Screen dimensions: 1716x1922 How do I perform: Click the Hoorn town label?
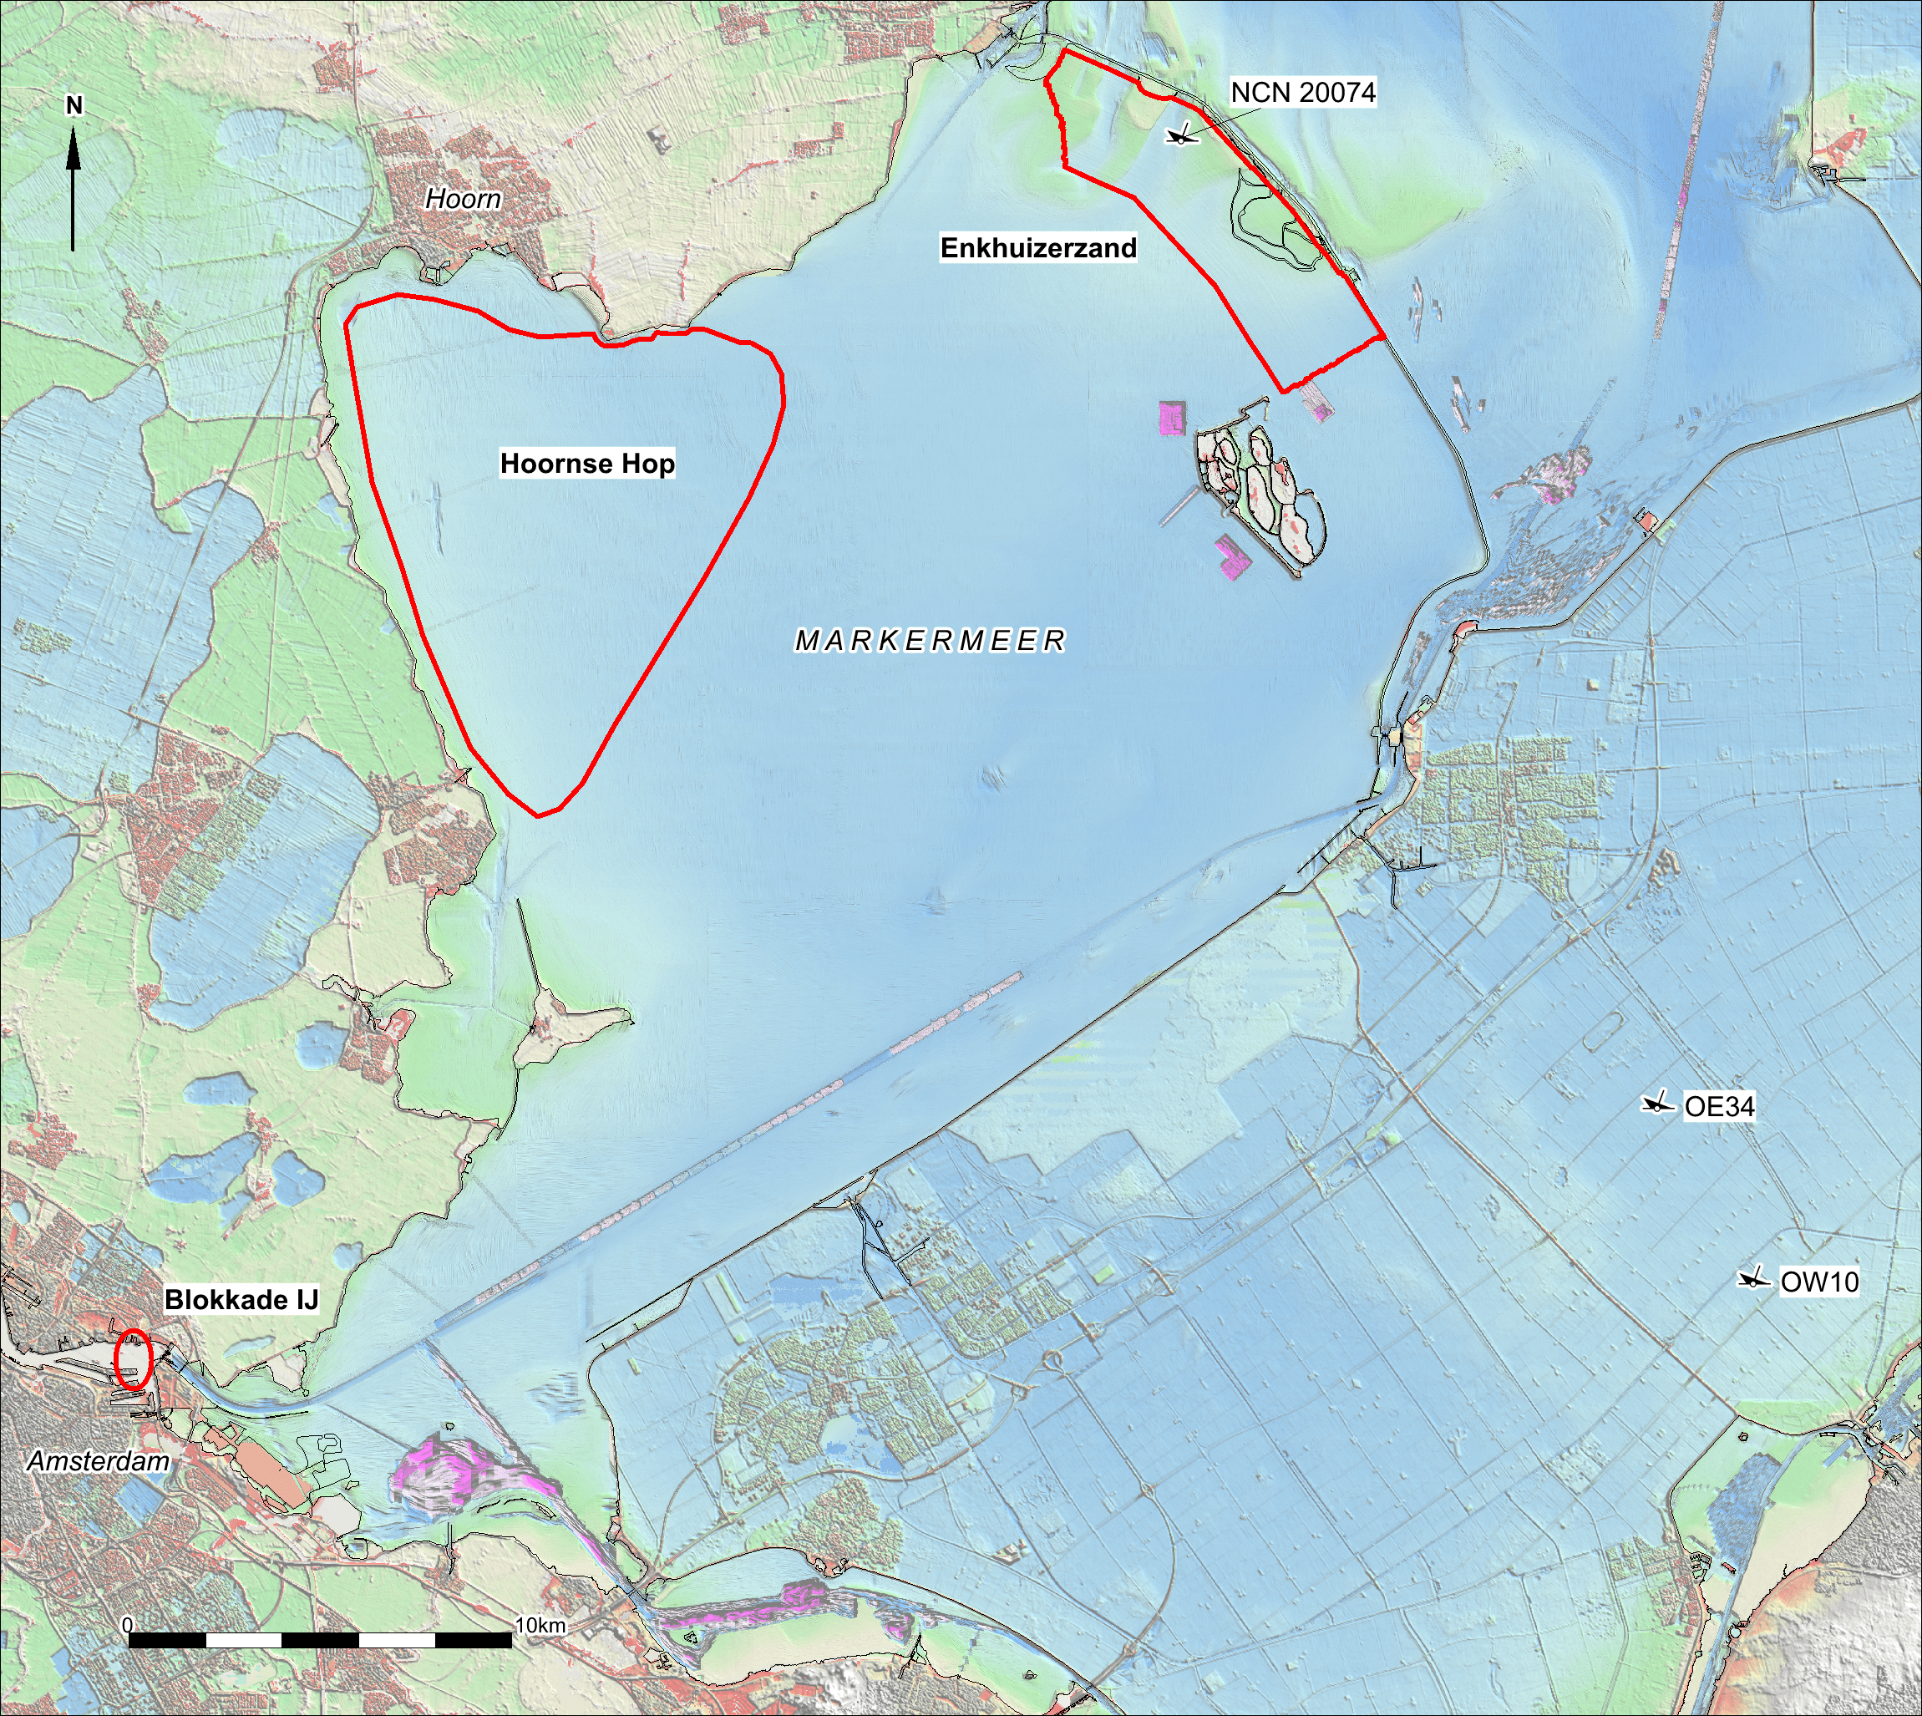click(x=463, y=199)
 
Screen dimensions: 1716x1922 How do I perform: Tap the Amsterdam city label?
click(x=98, y=1461)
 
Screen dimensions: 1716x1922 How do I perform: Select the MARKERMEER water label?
click(x=931, y=641)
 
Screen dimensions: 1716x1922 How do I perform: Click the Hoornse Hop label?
click(x=587, y=464)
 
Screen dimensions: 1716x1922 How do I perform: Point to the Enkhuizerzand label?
click(x=1037, y=248)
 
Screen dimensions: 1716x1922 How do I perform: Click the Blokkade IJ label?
click(x=241, y=1300)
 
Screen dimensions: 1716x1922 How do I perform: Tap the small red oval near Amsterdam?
click(x=133, y=1358)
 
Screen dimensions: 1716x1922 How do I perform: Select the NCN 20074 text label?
click(x=1303, y=93)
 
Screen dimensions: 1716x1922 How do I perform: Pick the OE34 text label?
click(x=1719, y=1107)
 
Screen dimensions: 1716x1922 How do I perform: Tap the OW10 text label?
click(x=1819, y=1282)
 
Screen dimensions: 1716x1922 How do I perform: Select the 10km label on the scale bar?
click(x=540, y=1626)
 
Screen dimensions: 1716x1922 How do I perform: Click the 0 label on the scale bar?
click(x=128, y=1626)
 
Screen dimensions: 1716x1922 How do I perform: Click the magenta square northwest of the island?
click(x=1169, y=417)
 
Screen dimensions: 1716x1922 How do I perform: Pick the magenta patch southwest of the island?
click(x=1231, y=558)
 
